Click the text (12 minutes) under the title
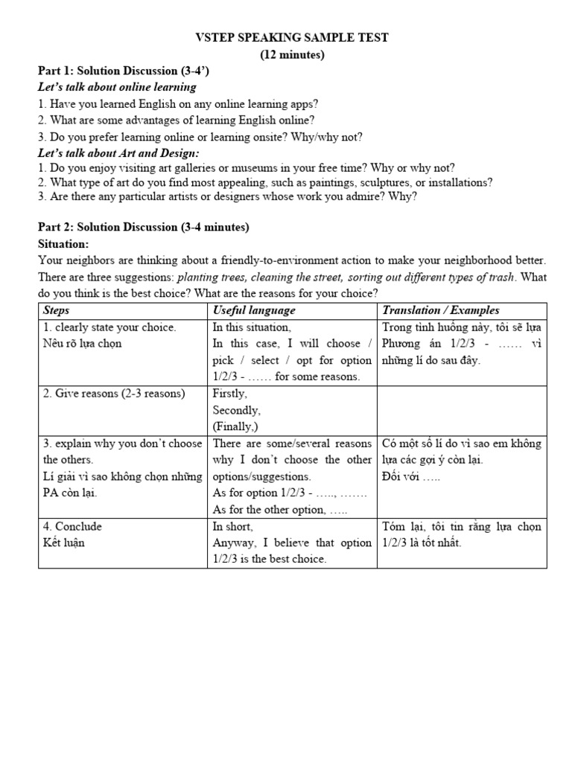[x=292, y=54]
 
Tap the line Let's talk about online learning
[x=117, y=87]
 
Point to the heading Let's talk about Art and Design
[x=118, y=152]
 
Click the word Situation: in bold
[x=63, y=243]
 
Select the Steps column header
[x=57, y=310]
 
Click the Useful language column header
[x=254, y=310]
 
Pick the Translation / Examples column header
[x=440, y=310]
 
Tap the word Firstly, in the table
[x=229, y=394]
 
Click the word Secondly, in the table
[x=236, y=410]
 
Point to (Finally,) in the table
[x=237, y=426]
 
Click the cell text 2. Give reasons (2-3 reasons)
[x=114, y=394]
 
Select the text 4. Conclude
[x=73, y=526]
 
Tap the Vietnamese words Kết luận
[x=64, y=542]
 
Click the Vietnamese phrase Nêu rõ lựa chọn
[x=82, y=343]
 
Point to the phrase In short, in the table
[x=234, y=526]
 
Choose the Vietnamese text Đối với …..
[x=410, y=476]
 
